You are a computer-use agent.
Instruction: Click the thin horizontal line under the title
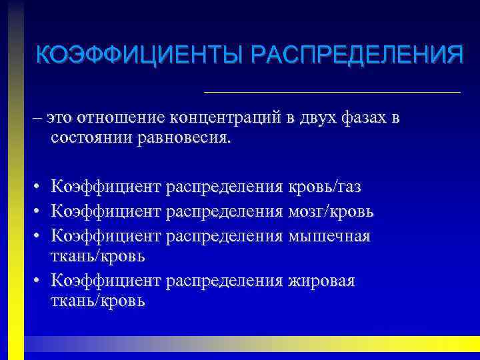(x=331, y=91)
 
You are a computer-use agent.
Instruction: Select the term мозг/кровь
(x=331, y=211)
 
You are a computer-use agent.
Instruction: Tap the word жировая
(x=321, y=281)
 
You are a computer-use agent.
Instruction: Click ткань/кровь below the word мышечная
(x=97, y=256)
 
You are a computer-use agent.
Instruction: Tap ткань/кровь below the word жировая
(x=97, y=301)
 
